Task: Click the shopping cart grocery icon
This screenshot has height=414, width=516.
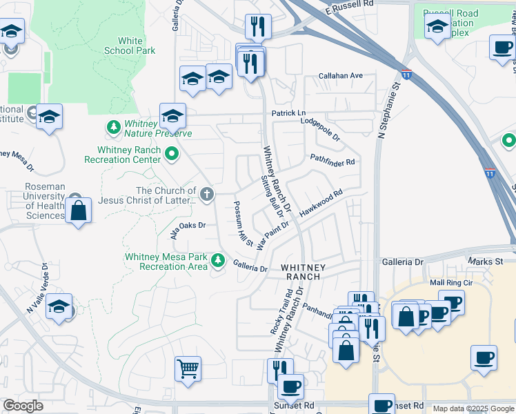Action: click(188, 368)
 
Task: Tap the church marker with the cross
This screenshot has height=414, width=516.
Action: click(206, 194)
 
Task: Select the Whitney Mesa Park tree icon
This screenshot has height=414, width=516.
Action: click(218, 260)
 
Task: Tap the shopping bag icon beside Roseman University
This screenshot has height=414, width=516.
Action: click(79, 211)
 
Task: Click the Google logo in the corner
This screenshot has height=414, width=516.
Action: click(23, 406)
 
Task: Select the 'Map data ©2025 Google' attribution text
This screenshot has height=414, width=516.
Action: click(473, 408)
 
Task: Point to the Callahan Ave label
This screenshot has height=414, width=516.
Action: click(340, 75)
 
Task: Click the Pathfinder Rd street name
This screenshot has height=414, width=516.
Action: click(332, 160)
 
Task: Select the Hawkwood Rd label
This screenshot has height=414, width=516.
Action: click(321, 204)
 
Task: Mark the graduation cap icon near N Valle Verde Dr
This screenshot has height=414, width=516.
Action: click(59, 306)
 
